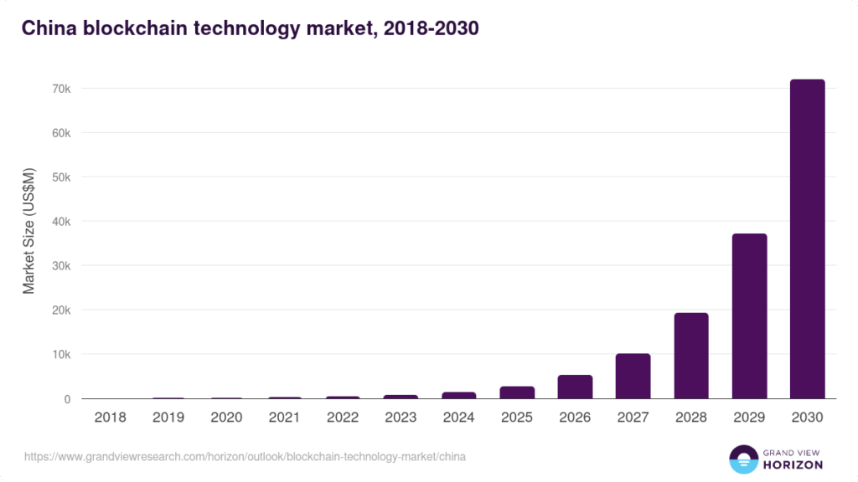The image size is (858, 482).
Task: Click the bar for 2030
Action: click(x=807, y=238)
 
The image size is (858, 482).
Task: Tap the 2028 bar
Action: click(x=691, y=356)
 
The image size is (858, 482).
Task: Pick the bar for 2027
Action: click(x=633, y=376)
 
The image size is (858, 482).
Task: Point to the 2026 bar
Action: click(x=575, y=387)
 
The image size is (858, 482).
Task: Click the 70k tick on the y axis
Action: click(x=61, y=89)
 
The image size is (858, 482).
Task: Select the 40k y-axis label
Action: click(x=61, y=222)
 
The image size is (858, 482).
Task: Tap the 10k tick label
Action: click(x=61, y=355)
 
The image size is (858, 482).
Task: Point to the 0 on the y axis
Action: click(x=67, y=399)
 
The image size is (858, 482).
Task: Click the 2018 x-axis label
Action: click(x=110, y=417)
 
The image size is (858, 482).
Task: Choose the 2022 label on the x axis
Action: click(x=343, y=417)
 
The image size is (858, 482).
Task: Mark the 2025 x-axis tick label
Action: click(x=517, y=417)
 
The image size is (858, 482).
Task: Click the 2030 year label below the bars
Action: click(x=807, y=417)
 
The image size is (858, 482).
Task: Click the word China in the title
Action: click(x=48, y=29)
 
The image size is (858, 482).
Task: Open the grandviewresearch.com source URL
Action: click(x=245, y=457)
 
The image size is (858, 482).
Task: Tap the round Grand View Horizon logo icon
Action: click(x=743, y=459)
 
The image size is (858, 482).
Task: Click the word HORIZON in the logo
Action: click(x=793, y=464)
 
